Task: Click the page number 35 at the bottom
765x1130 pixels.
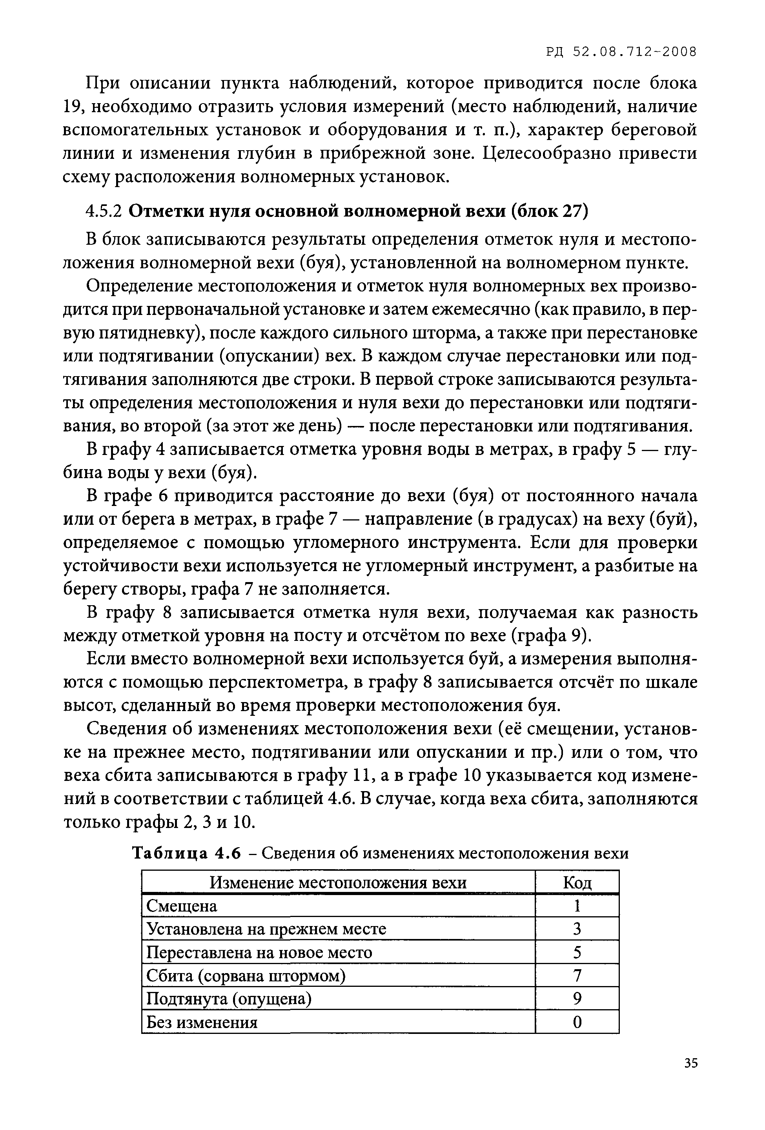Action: [x=690, y=1063]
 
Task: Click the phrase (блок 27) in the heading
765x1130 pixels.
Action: [x=550, y=211]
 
